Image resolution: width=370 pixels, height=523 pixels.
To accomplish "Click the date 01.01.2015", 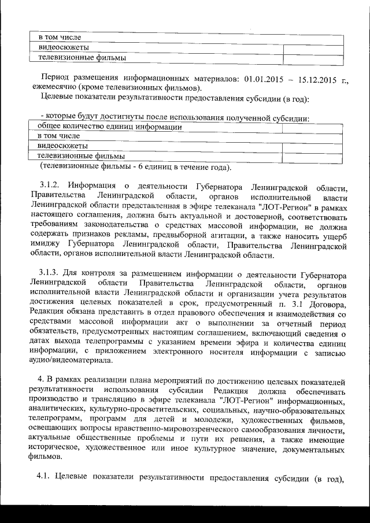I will click(x=264, y=78).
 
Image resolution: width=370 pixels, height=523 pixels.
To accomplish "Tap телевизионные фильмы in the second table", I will click(x=81, y=156).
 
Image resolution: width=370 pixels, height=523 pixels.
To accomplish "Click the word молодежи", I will click(x=216, y=420).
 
